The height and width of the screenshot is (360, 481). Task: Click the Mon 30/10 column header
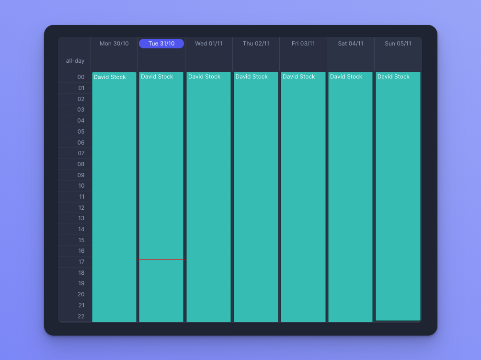pyautogui.click(x=114, y=44)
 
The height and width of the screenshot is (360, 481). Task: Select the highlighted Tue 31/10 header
pyautogui.click(x=161, y=44)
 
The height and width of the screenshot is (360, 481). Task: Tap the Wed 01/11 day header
pyautogui.click(x=208, y=44)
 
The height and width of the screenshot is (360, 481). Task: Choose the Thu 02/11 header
pyautogui.click(x=256, y=44)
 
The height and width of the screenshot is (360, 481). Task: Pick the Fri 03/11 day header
pyautogui.click(x=303, y=44)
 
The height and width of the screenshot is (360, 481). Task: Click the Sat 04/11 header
pyautogui.click(x=350, y=44)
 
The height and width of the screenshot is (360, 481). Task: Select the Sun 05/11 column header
pyautogui.click(x=398, y=44)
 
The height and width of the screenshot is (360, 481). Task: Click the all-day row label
pyautogui.click(x=75, y=61)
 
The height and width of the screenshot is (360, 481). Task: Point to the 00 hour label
pyautogui.click(x=81, y=77)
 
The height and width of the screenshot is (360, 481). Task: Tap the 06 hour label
pyautogui.click(x=81, y=143)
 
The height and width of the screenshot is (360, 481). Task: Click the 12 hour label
pyautogui.click(x=81, y=208)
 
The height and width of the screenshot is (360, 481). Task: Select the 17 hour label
pyautogui.click(x=81, y=262)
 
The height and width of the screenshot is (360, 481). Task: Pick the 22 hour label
pyautogui.click(x=81, y=316)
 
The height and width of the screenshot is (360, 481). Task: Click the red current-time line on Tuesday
pyautogui.click(x=161, y=259)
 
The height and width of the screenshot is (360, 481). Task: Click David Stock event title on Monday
pyautogui.click(x=110, y=77)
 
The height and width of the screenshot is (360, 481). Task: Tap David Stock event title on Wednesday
pyautogui.click(x=204, y=77)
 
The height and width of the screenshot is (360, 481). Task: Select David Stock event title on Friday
pyautogui.click(x=298, y=77)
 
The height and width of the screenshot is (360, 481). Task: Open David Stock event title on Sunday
pyautogui.click(x=393, y=77)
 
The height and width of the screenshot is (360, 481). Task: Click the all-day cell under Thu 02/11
pyautogui.click(x=256, y=61)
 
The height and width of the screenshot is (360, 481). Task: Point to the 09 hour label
pyautogui.click(x=81, y=175)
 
